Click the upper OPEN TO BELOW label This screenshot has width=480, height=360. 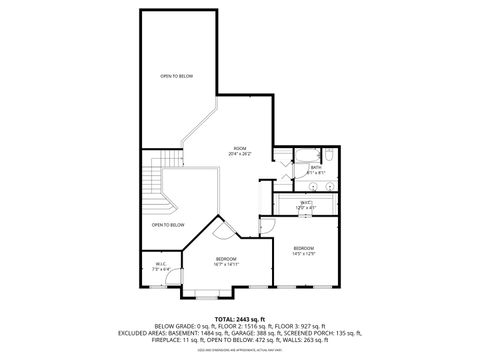tap(176, 76)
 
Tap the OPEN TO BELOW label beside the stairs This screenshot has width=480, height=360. tap(168, 225)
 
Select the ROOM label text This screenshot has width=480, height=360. tap(240, 148)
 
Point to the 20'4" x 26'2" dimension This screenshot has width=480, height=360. tap(240, 154)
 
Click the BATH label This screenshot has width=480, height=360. tap(315, 168)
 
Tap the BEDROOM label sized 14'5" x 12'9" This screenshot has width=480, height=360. tap(304, 247)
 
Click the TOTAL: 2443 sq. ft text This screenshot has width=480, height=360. tap(239, 317)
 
